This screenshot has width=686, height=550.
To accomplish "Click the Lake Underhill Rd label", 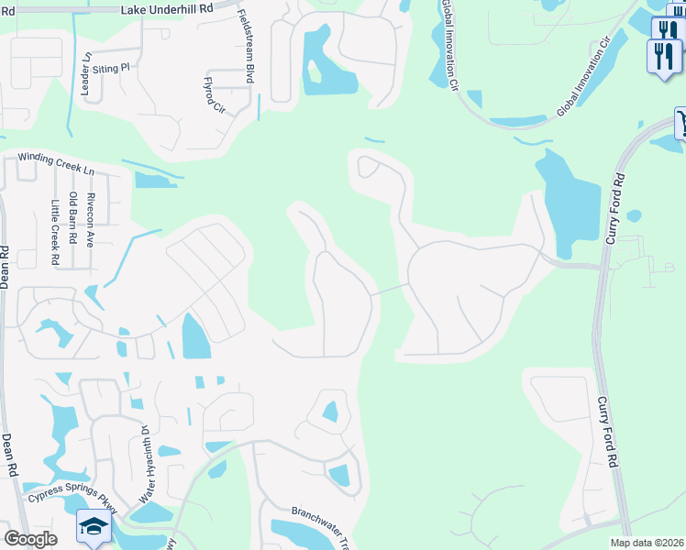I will coord(168,7).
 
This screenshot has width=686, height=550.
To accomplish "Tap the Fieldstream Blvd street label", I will coord(246,48).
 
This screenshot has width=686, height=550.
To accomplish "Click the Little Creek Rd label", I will coord(55,233).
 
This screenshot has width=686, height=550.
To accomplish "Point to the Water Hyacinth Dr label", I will coord(145,465).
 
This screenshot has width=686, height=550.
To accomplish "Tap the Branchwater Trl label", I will coord(321,523).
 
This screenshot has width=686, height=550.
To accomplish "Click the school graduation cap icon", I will coord(93,526).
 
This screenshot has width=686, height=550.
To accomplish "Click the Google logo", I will coord(30,539).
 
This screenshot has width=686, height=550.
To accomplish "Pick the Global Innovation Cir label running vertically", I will coord(449,44).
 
